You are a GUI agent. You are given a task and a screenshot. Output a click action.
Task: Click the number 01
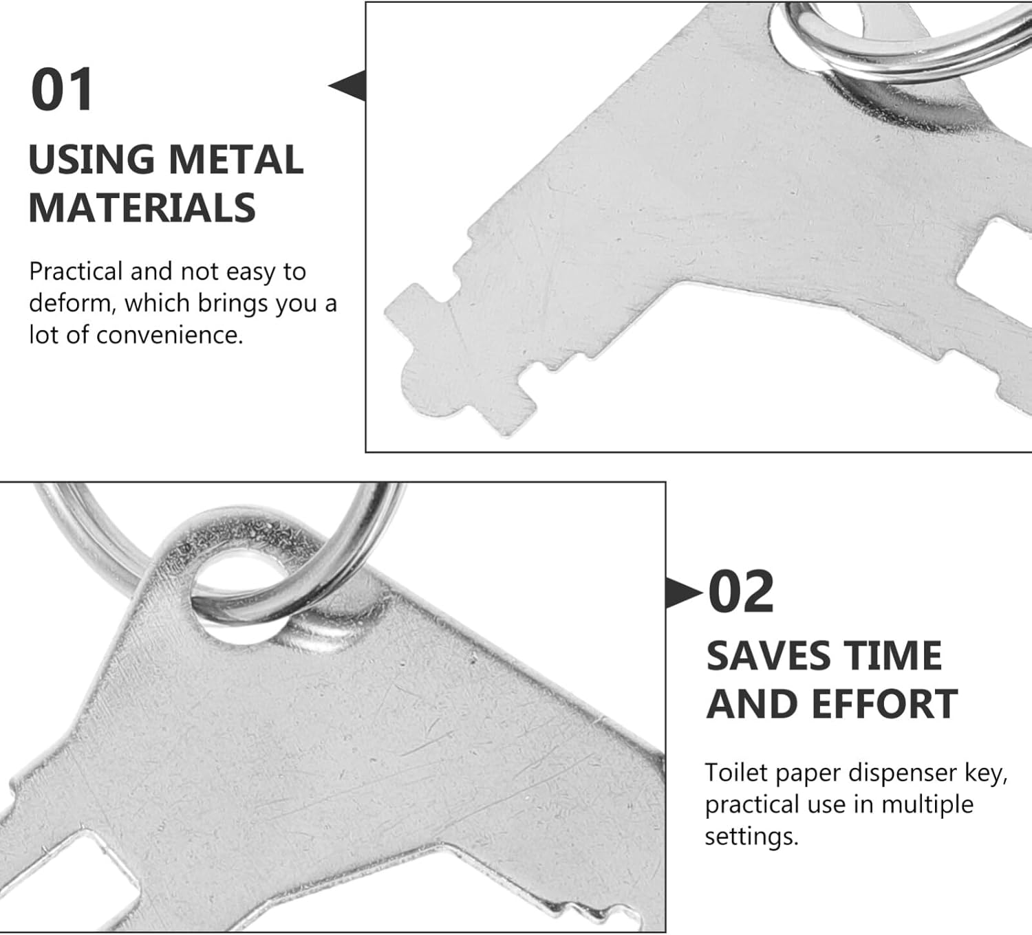point(62,89)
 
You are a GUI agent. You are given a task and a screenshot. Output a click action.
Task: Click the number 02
point(741,592)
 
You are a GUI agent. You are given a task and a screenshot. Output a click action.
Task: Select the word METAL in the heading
point(236,159)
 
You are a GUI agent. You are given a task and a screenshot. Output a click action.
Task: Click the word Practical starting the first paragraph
point(76,271)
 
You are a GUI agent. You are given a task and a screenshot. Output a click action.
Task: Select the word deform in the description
point(69,303)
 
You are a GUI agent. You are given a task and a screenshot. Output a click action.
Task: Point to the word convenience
point(169,335)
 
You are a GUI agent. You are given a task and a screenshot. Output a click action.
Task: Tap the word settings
point(751,837)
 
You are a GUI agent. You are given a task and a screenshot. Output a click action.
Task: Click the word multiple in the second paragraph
point(928,805)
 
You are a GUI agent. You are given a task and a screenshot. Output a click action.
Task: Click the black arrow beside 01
point(347,85)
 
